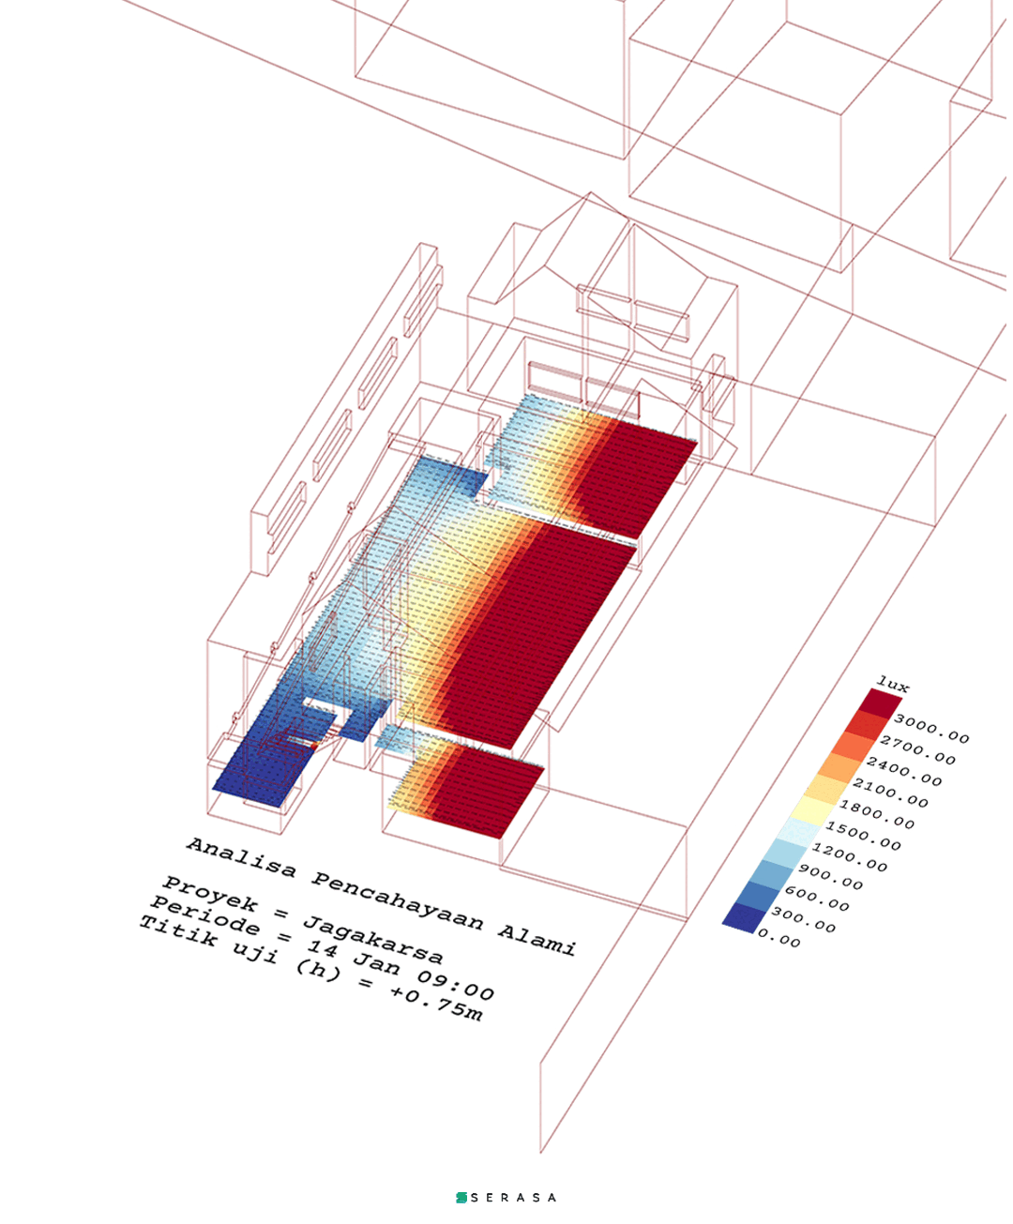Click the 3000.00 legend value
click(931, 729)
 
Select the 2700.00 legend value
click(918, 750)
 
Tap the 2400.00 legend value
click(904, 771)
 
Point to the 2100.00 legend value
click(890, 793)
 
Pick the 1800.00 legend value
click(877, 815)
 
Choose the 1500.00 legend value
click(864, 836)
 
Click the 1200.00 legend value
click(850, 857)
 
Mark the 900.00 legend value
click(831, 877)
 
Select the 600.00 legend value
click(817, 899)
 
